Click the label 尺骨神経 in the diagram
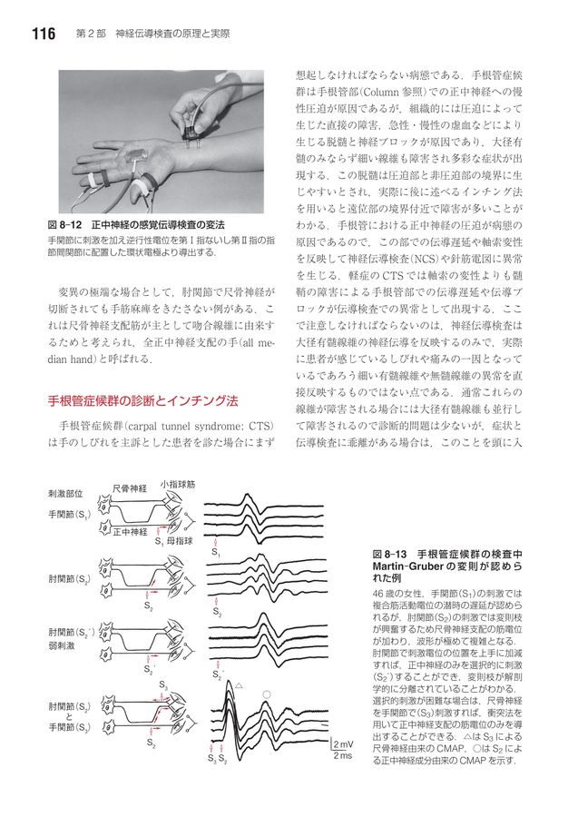tap(130, 488)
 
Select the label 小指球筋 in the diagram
tap(178, 484)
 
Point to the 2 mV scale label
tap(344, 744)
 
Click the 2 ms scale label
tap(343, 756)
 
